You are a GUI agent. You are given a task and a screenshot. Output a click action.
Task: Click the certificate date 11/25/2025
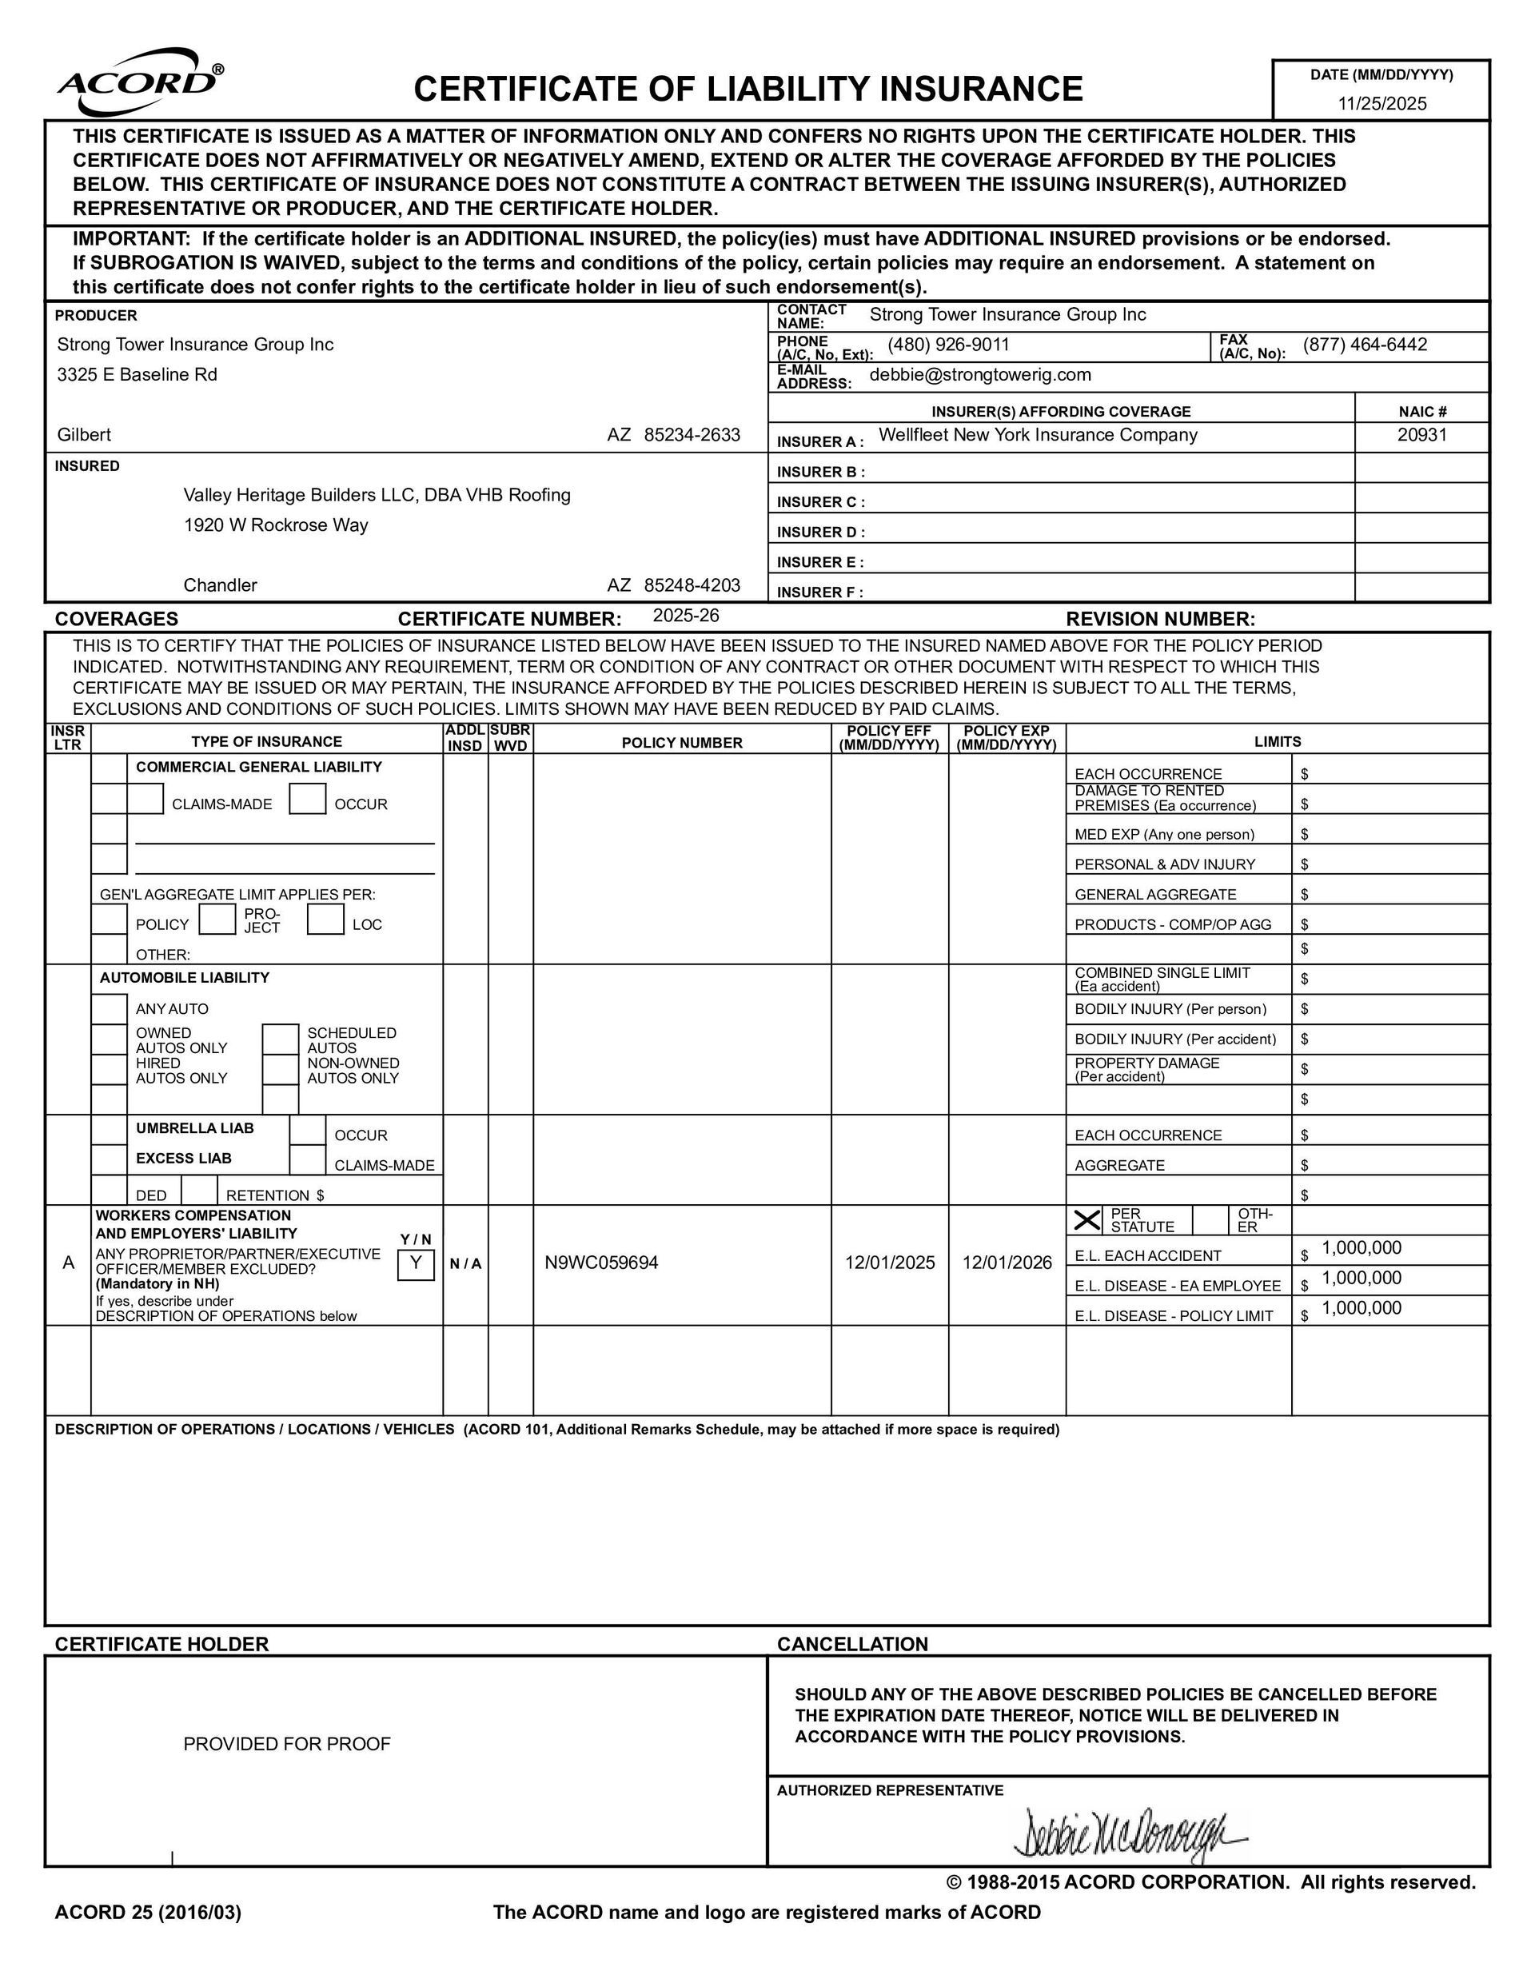(1381, 103)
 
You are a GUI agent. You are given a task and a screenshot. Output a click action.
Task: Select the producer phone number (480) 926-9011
(948, 345)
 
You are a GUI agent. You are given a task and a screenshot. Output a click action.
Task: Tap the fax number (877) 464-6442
(1364, 345)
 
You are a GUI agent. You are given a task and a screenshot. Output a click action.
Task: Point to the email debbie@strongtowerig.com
(980, 375)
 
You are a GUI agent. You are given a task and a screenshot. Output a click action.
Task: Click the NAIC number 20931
(1421, 435)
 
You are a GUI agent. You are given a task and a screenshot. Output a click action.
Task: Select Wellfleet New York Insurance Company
(1037, 435)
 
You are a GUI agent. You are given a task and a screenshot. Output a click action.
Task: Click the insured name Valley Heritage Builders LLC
(377, 495)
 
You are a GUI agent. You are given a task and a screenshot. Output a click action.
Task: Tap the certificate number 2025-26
(686, 616)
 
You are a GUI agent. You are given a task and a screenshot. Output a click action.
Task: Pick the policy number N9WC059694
(601, 1262)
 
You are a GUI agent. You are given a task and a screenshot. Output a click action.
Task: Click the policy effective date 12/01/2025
(889, 1262)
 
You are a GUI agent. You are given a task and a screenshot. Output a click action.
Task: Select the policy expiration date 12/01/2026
(1007, 1262)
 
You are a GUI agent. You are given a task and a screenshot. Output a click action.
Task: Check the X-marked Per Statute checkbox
(1087, 1220)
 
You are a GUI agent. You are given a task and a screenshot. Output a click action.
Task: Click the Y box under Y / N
(416, 1263)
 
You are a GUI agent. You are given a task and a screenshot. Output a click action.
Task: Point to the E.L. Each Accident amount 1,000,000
(1362, 1247)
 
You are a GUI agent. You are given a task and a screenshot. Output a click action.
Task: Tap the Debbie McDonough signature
(1128, 1833)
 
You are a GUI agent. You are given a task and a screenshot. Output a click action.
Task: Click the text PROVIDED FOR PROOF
(287, 1744)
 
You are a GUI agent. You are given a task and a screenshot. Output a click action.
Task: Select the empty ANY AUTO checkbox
(110, 1008)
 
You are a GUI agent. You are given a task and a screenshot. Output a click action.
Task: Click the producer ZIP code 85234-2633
(692, 435)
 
